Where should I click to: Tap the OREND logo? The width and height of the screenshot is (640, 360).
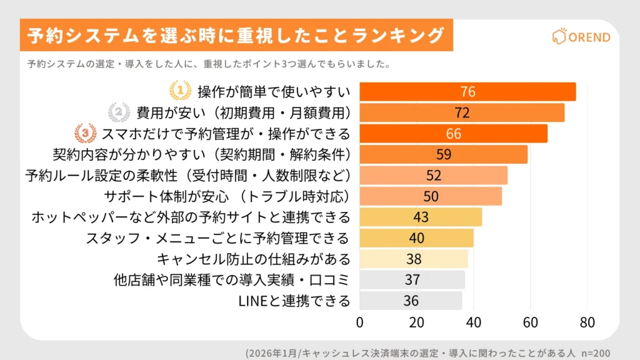tap(581, 37)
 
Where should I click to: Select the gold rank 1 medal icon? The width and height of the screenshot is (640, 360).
tap(180, 91)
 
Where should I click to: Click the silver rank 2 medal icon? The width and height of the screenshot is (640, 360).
tap(119, 112)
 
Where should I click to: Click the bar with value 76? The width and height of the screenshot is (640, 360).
tap(467, 92)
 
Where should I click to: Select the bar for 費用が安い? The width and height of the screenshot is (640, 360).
tap(462, 112)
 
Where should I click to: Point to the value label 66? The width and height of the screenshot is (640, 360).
tap(453, 134)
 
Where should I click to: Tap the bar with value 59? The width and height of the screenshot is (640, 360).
tap(443, 154)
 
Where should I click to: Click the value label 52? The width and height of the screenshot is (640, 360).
tap(434, 176)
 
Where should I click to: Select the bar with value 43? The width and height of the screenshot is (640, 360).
tap(421, 217)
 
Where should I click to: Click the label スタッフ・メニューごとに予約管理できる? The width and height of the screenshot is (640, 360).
tap(217, 238)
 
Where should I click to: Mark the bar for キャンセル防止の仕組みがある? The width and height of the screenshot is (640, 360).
tap(413, 259)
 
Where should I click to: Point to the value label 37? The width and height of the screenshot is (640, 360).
tap(412, 280)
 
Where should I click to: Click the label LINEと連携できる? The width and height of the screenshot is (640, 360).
tap(294, 301)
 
